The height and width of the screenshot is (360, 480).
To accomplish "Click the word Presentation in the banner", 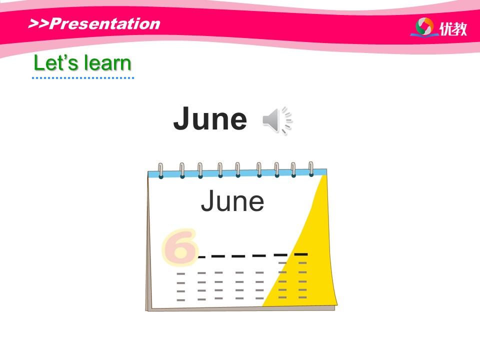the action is [x=104, y=23].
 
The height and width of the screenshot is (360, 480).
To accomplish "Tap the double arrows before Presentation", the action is [x=38, y=23].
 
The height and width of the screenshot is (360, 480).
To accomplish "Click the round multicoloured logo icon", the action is [x=424, y=26].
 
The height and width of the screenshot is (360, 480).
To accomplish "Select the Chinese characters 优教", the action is [x=453, y=29].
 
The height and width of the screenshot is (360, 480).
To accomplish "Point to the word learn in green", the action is [x=108, y=63].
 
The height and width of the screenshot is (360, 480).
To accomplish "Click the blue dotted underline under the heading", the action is [x=83, y=78].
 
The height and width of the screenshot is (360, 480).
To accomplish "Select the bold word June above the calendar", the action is [x=210, y=118].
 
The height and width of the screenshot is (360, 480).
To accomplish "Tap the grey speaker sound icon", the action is [x=270, y=120].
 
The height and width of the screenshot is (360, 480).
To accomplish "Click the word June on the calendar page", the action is [x=232, y=201].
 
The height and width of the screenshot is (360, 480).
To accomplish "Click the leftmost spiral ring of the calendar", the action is [x=160, y=170].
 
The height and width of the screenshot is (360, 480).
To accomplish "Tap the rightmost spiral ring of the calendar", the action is [x=311, y=169].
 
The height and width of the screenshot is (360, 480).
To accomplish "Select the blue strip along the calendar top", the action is [x=237, y=173].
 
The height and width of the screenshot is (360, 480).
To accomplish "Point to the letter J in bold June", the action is [x=183, y=118].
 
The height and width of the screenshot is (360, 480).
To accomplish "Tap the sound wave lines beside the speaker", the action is [x=286, y=120].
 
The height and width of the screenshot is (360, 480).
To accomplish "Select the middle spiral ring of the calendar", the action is [x=237, y=170].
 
